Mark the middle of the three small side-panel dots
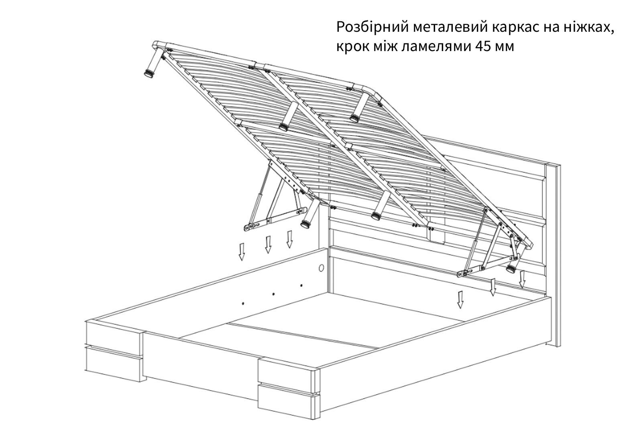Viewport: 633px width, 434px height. [x=273, y=294]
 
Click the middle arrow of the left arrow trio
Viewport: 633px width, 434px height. [x=268, y=245]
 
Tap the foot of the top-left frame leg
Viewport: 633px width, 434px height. [x=149, y=74]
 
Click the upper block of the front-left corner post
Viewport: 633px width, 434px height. [x=114, y=335]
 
